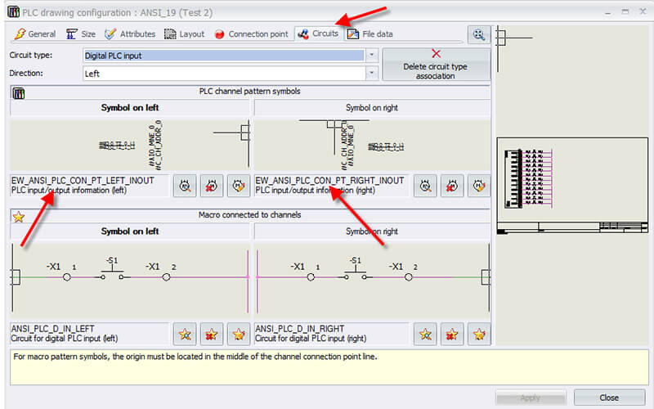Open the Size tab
point(82,34)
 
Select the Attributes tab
point(131,34)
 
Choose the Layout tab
point(185,34)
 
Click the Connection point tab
point(251,34)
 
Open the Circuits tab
point(318,34)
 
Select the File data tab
point(370,34)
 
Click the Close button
point(609,398)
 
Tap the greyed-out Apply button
point(530,398)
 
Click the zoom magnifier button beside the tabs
point(479,34)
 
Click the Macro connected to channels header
point(249,215)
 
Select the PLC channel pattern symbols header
point(249,92)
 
